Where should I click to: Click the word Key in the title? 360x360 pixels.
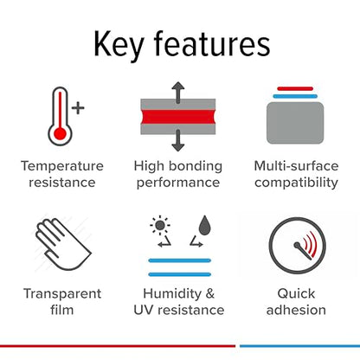(119, 44)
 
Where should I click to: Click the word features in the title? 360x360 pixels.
(212, 43)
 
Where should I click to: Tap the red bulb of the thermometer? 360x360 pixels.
(60, 133)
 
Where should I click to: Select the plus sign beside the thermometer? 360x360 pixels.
(78, 108)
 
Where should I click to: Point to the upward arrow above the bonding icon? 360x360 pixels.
(178, 93)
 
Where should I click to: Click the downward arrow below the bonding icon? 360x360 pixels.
(178, 140)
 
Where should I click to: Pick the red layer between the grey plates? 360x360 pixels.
(178, 117)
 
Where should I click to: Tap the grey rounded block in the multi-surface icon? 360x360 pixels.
(295, 123)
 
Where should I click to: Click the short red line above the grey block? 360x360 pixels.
(295, 88)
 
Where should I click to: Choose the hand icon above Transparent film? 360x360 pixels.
(63, 244)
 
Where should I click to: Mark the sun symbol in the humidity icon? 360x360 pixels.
(160, 225)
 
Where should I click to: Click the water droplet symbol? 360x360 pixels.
(204, 225)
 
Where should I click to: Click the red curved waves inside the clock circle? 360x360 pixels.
(310, 244)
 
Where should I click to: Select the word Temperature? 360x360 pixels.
(62, 166)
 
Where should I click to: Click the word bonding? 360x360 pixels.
(196, 166)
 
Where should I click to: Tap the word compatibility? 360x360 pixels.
(296, 183)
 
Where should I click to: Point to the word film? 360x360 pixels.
(62, 310)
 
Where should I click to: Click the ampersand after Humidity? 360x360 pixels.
(210, 293)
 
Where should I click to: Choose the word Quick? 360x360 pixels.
(296, 293)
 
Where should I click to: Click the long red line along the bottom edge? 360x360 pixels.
(118, 346)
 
